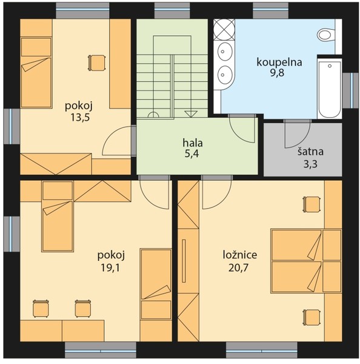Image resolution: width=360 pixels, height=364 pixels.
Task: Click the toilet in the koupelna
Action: [x=326, y=35]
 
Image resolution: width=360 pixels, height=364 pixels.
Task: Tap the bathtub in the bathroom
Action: [x=330, y=89]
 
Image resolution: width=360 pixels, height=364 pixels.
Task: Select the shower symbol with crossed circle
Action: [x=224, y=30]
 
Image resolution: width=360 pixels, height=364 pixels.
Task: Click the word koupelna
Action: [x=279, y=62]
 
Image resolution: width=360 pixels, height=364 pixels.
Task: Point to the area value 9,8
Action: [x=277, y=73]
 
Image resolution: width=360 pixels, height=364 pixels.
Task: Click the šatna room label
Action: [x=310, y=152]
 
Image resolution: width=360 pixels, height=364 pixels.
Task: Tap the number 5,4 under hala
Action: [x=192, y=153]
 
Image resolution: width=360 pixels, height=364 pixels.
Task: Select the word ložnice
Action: [x=240, y=255]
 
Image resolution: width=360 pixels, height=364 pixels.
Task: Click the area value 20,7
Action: [x=239, y=268]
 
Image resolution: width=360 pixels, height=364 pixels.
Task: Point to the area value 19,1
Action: [x=110, y=268]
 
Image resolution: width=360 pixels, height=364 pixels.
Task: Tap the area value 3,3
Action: [x=310, y=164]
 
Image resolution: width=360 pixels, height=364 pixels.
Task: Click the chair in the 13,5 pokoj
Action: [x=97, y=62]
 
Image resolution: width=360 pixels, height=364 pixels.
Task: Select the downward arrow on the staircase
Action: [x=191, y=114]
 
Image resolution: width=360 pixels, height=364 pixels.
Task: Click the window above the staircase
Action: [x=172, y=10]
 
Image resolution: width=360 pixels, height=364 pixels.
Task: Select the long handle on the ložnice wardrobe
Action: [x=184, y=261]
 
